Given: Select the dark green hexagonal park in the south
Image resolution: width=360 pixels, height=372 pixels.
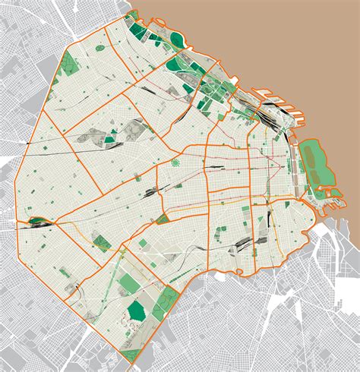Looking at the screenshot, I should (136, 310).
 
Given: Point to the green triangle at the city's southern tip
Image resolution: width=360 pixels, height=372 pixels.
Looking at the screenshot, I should (130, 354).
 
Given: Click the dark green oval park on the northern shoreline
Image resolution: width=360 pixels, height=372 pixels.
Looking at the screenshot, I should (178, 40).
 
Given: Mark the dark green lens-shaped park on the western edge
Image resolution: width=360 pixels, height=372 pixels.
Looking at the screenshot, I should (36, 222).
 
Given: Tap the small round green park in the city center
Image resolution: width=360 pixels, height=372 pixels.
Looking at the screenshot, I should (175, 162).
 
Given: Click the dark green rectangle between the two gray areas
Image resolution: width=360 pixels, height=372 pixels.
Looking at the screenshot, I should (111, 139).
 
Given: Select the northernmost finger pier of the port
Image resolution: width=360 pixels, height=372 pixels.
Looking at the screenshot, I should (269, 92).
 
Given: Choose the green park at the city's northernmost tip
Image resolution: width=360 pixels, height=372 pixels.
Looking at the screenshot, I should (135, 30).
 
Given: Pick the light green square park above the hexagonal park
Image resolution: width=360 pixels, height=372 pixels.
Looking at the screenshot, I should (143, 243).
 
